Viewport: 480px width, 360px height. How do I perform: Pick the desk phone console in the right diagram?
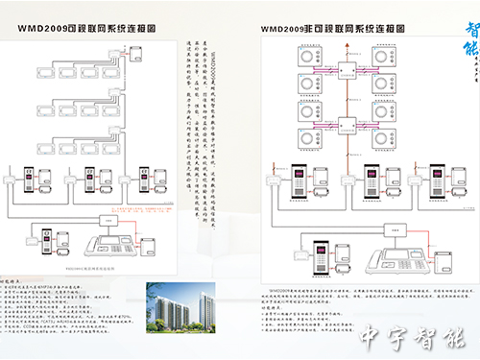coord(395,256)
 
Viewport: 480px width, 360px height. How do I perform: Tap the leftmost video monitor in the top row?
coord(44,71)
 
